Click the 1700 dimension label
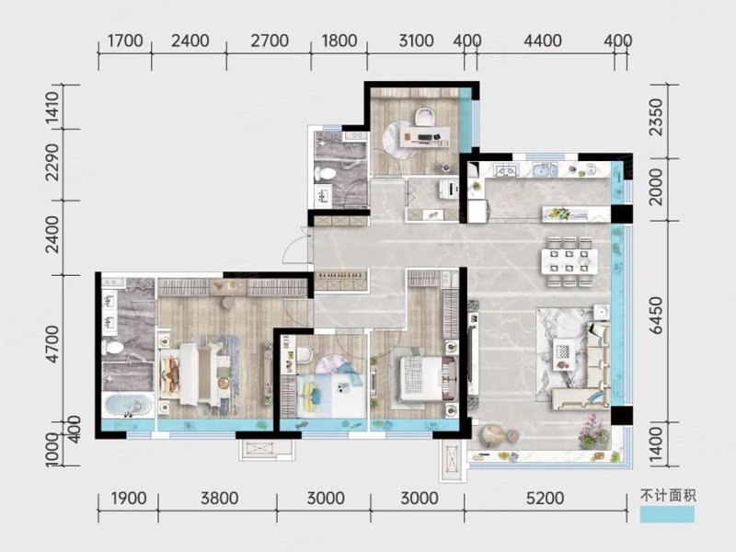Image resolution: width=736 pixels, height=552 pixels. click(x=125, y=40)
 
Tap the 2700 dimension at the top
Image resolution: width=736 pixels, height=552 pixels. click(x=270, y=40)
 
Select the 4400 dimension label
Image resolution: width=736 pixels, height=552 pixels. click(x=543, y=40)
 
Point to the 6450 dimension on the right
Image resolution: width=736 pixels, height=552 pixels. click(x=656, y=316)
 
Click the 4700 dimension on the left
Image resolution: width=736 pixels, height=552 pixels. click(x=53, y=344)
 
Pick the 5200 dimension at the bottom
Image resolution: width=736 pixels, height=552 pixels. click(x=545, y=498)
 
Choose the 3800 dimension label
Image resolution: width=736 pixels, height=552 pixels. click(x=219, y=498)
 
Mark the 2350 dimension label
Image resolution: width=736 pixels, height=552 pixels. click(x=656, y=118)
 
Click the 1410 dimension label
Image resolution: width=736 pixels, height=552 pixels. click(x=53, y=108)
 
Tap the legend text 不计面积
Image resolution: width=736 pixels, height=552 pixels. click(x=668, y=496)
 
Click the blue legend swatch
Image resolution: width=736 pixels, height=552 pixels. click(x=667, y=514)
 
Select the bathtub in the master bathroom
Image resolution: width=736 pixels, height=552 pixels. click(x=128, y=406)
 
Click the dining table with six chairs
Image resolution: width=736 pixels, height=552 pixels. click(x=569, y=261)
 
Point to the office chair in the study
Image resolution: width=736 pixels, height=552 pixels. click(x=425, y=117)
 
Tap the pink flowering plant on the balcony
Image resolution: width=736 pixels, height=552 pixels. click(x=592, y=431)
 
